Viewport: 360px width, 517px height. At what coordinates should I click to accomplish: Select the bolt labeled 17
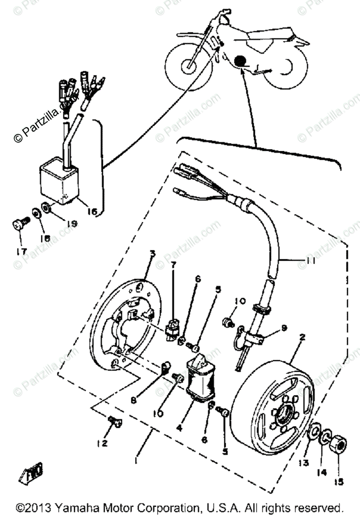18,225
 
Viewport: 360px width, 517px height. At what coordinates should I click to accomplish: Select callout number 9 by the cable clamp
283,328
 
